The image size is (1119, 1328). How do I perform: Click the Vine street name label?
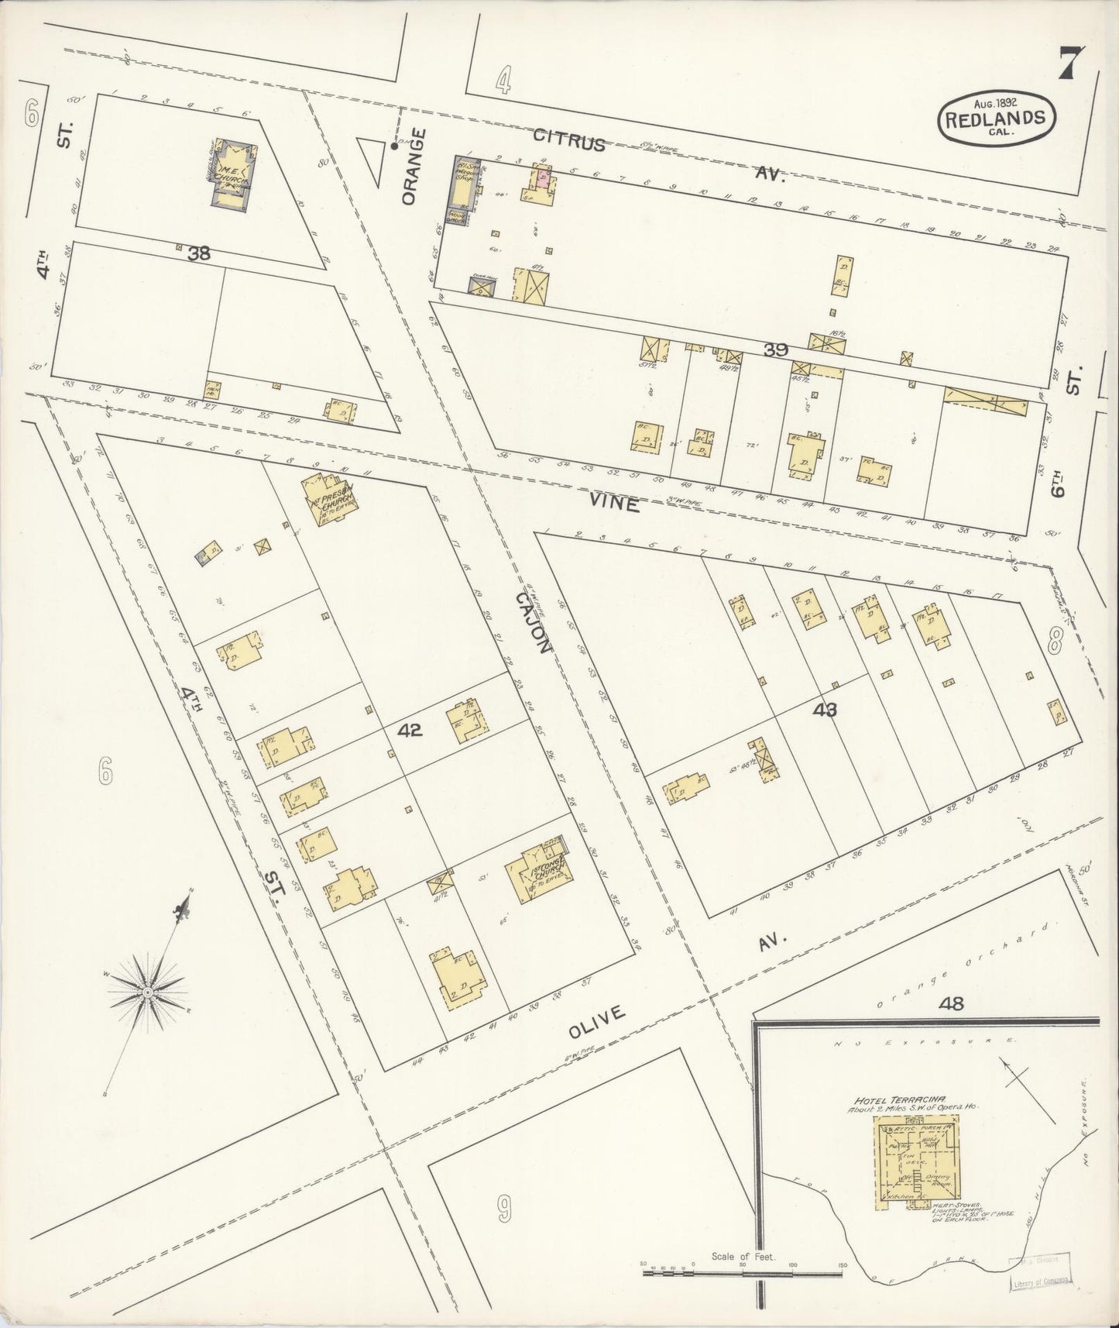(613, 504)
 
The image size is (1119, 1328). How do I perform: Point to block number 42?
(410, 729)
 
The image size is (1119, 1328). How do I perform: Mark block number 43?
(826, 708)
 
